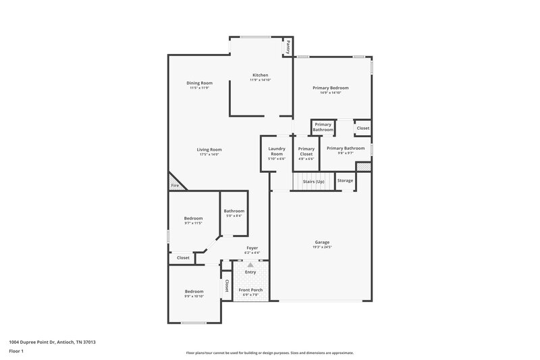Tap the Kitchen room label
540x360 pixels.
coord(261,75)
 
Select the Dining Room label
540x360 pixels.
coord(199,83)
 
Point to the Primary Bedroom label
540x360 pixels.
coord(330,88)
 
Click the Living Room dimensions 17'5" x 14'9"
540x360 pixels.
coord(209,155)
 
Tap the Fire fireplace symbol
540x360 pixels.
coord(174,185)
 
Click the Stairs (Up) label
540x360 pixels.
coord(313,181)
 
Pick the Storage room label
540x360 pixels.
coord(345,181)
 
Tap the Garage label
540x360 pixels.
coord(322,242)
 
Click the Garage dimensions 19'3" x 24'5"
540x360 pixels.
coord(322,247)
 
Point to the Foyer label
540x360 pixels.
coord(252,248)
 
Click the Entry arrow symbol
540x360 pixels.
coord(250,265)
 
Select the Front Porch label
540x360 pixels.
coord(250,290)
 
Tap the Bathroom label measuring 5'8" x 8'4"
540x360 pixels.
coord(234,211)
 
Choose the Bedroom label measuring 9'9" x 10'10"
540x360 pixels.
coord(194,292)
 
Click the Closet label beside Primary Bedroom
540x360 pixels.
coord(362,128)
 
